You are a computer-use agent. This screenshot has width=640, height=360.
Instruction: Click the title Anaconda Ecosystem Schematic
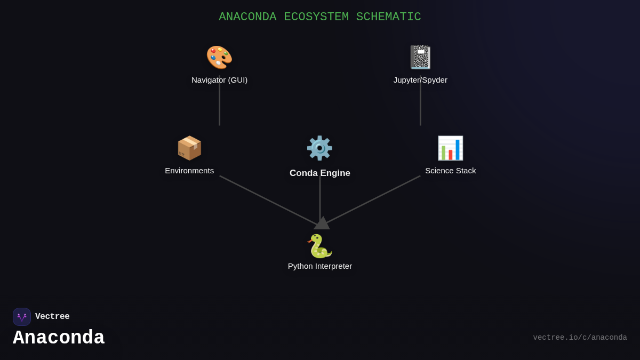tap(319, 17)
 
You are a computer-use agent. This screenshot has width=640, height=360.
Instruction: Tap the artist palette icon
tap(219, 57)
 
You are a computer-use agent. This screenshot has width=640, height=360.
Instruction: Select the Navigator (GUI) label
tap(219, 80)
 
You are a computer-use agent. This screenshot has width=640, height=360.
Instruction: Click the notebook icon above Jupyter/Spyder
tap(420, 57)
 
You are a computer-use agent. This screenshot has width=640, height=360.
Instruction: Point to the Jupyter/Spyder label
tap(420, 80)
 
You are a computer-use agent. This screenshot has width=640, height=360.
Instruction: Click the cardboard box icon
tap(189, 148)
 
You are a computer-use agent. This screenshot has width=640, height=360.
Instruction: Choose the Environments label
tap(189, 171)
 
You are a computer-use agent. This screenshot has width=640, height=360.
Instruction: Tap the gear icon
tap(319, 148)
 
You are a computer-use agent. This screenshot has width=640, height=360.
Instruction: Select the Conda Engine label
tap(319, 173)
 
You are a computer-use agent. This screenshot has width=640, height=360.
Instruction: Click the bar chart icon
tap(450, 148)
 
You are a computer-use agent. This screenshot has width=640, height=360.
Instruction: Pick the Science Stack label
tap(450, 171)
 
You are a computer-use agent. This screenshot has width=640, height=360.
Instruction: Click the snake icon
tap(319, 246)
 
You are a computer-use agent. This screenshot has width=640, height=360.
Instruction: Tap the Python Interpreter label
tap(319, 266)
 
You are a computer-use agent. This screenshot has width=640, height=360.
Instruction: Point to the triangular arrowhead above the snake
tap(322, 223)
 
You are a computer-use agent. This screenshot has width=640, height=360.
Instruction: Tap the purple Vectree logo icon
tap(22, 317)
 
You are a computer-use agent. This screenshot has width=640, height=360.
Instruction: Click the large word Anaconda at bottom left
tap(59, 338)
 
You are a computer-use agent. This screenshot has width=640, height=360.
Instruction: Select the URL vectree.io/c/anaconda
tap(580, 338)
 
